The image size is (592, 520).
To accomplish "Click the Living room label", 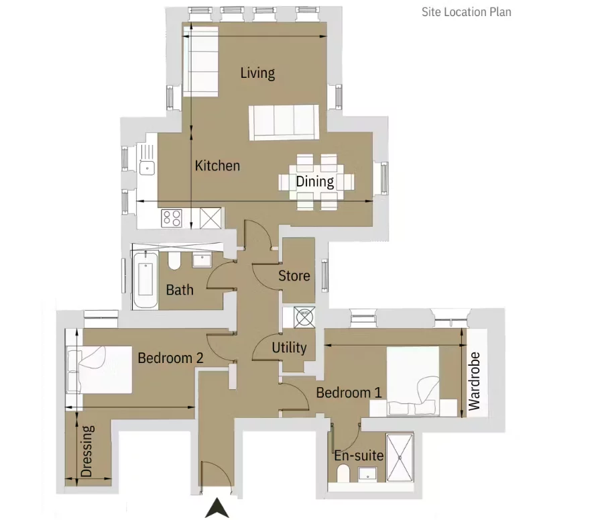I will coord(257,73).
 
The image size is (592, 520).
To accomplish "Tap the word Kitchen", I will coord(217,165).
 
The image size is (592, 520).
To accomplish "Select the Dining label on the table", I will coord(315,181).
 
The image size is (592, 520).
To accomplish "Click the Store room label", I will coord(294,276).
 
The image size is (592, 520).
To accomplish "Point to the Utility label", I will coord(290,348).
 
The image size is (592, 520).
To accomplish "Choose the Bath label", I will coord(180,290).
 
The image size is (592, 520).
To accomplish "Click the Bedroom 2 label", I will coord(170,358).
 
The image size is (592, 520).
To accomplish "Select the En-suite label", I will coord(359,456).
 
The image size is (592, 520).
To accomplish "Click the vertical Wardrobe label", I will coord(475,381).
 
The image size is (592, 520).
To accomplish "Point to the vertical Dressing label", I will coord(86,451).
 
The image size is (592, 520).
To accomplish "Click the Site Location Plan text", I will coord(466,12).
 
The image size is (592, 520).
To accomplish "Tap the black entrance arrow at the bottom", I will coord(217,508).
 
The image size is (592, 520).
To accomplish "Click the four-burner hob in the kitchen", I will coord(172,218).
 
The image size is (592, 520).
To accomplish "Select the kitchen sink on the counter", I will coord(147,168).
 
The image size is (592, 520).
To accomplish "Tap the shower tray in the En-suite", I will coord(400,458).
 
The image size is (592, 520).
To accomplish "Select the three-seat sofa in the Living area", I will coord(284,123).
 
